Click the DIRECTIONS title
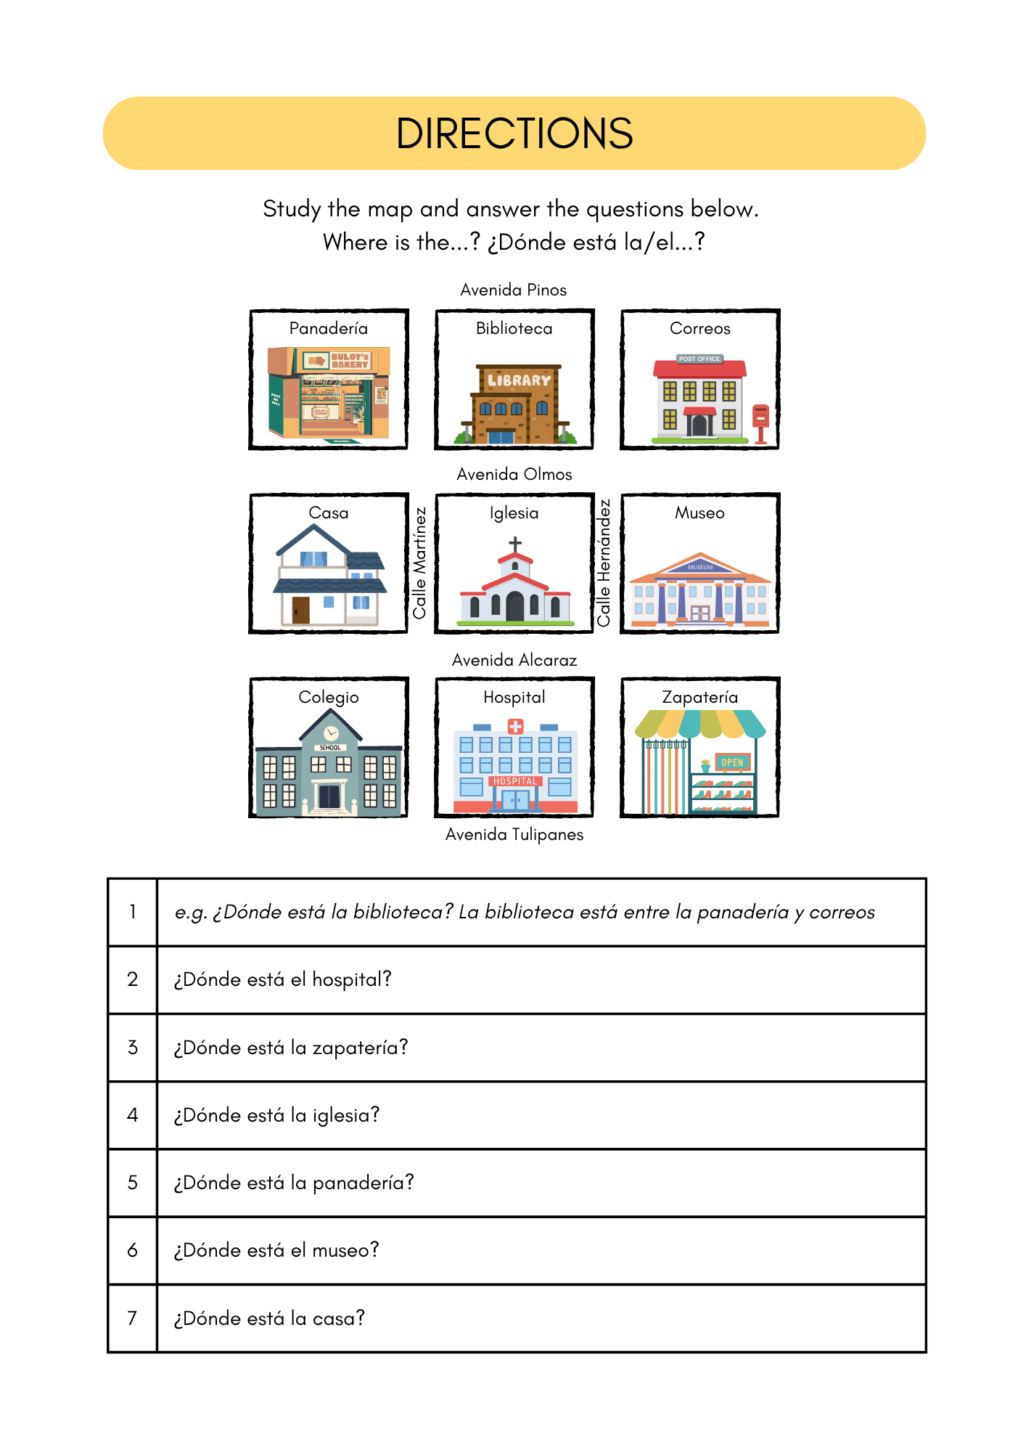click(514, 134)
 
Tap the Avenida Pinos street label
click(513, 290)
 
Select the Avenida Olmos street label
click(514, 474)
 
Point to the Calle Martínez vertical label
click(419, 563)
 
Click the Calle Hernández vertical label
click(604, 563)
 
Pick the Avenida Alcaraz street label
click(514, 660)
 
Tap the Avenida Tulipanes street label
click(514, 834)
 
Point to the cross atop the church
click(515, 544)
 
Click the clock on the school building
click(331, 733)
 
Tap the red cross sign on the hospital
click(515, 726)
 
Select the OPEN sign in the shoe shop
click(731, 762)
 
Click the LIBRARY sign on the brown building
click(519, 380)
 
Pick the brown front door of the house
click(300, 611)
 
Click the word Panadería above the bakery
click(328, 328)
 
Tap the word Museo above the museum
click(699, 513)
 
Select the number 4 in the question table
click(132, 1114)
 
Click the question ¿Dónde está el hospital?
click(283, 979)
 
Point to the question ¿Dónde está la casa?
click(269, 1318)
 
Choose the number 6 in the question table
click(132, 1250)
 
